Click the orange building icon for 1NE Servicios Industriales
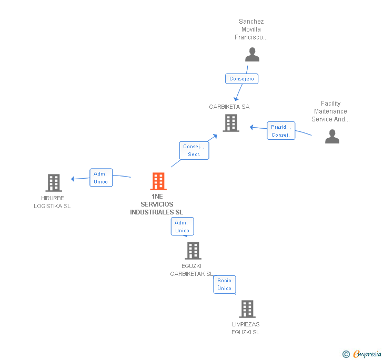[x=158, y=181]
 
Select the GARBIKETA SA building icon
[x=231, y=123]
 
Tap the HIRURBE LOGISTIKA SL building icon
[x=54, y=183]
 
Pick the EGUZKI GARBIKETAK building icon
[x=193, y=251]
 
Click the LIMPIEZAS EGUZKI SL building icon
[x=247, y=309]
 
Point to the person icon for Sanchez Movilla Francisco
[x=253, y=55]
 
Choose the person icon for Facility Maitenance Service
[x=332, y=137]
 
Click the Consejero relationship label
[x=242, y=79]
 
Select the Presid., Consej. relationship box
[x=280, y=131]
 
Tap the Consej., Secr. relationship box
[x=194, y=150]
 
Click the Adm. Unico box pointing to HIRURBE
[x=100, y=178]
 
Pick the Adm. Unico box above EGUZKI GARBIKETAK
[x=182, y=227]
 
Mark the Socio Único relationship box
[x=224, y=284]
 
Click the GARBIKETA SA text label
[x=229, y=107]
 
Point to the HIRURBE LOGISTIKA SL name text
[x=52, y=202]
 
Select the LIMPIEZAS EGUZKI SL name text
[x=246, y=328]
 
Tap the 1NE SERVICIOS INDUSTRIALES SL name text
[x=157, y=204]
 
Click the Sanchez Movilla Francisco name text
[x=251, y=29]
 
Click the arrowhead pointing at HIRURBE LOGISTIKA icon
[x=73, y=179]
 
